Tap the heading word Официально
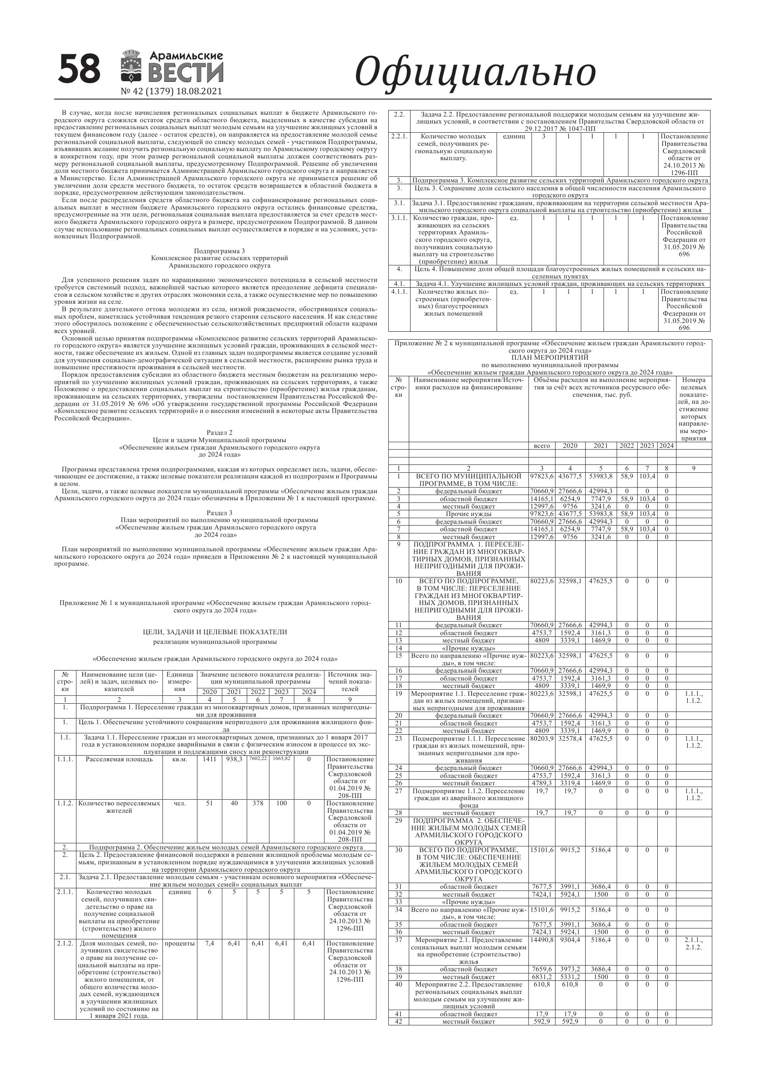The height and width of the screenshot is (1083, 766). (x=475, y=72)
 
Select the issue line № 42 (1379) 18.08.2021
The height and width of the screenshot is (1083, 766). (x=171, y=92)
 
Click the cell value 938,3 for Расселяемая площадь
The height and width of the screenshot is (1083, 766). (x=234, y=759)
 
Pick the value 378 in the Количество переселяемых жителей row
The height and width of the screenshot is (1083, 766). (x=258, y=803)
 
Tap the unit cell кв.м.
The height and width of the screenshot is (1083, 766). (x=180, y=760)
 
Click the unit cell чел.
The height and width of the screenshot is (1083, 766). (x=180, y=803)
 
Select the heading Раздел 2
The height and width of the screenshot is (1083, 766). (x=220, y=433)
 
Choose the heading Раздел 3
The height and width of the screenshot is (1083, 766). (x=220, y=513)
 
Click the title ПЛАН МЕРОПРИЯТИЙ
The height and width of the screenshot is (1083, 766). (x=550, y=358)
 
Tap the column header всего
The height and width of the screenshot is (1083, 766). (x=542, y=446)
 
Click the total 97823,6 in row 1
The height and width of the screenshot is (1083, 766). (x=542, y=476)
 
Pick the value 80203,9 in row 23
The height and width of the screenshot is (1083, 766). (x=542, y=738)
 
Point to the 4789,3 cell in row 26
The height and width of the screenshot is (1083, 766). (x=542, y=783)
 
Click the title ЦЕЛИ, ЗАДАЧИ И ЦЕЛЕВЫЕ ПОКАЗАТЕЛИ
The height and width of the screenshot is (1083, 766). (x=215, y=632)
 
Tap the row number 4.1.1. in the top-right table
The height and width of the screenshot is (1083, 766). (x=399, y=292)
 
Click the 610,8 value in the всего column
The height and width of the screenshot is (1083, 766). (x=542, y=984)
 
